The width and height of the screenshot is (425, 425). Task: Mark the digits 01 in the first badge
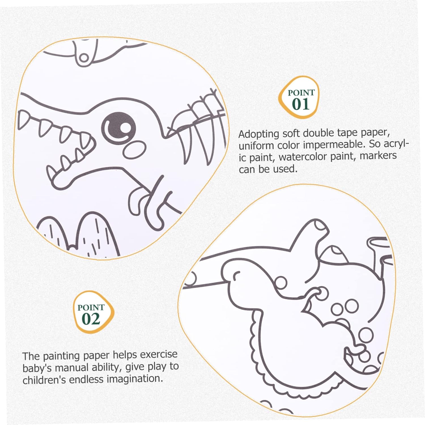tap(301, 104)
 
